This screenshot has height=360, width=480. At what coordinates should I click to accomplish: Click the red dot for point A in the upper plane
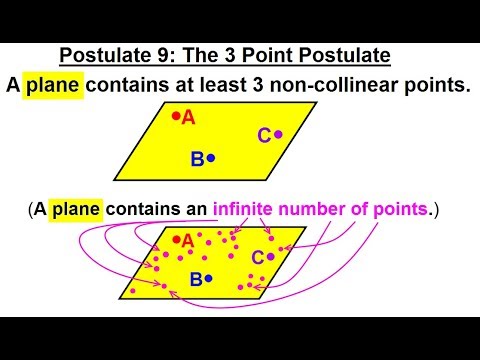176,116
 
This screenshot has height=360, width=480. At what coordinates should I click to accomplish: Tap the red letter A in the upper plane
188,118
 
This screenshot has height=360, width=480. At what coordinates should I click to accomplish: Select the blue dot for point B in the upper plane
211,158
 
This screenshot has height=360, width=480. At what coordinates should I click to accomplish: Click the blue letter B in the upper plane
197,158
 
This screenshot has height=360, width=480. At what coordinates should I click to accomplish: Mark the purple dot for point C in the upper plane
279,133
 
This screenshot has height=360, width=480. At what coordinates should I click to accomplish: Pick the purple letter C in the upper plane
264,135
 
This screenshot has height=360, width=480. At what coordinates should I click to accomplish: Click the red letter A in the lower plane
187,241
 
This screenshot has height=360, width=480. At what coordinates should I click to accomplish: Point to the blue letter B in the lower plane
197,280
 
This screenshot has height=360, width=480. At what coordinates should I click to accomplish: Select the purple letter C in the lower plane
257,258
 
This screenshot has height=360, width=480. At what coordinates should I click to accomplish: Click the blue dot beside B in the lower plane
210,280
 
